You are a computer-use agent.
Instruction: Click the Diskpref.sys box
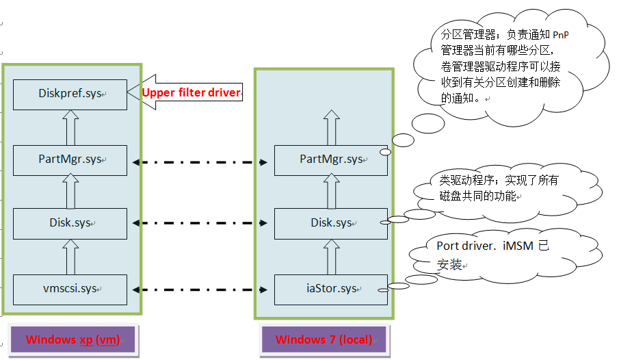pyautogui.click(x=70, y=93)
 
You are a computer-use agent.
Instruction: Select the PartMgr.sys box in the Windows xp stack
pyautogui.click(x=70, y=160)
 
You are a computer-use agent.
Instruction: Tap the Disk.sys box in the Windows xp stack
pyautogui.click(x=70, y=223)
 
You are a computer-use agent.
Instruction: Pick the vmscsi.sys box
pyautogui.click(x=70, y=289)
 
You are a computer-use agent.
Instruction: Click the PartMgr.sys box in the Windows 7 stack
pyautogui.click(x=331, y=160)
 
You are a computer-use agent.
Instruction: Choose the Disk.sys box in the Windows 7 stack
pyautogui.click(x=331, y=223)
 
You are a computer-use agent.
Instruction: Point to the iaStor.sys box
pyautogui.click(x=331, y=289)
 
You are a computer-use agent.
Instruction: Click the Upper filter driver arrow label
pyautogui.click(x=191, y=92)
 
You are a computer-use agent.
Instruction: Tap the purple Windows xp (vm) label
pyautogui.click(x=73, y=339)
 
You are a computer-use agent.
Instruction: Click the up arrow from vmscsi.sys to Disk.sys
pyautogui.click(x=69, y=256)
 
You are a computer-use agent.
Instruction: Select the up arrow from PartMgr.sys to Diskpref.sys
pyautogui.click(x=69, y=126)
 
